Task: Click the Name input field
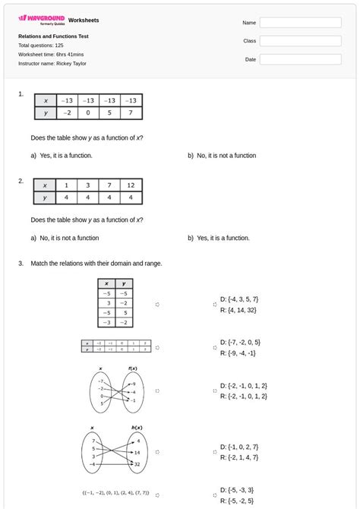300,23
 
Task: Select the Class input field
300,41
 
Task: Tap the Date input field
300,59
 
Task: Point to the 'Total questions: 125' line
41,46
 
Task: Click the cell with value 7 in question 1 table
131,113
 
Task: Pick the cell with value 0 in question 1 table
88,113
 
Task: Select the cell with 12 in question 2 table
131,185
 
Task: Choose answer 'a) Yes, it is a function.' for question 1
62,156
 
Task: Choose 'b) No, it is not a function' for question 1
222,156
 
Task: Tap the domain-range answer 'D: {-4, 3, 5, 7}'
238,299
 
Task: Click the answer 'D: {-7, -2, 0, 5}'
239,343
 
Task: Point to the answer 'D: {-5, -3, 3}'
237,491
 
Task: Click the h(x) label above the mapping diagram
137,428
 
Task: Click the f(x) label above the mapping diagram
132,368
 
